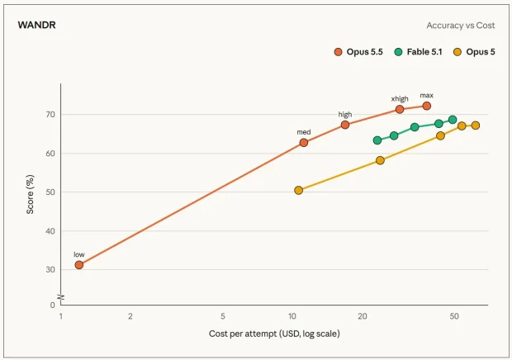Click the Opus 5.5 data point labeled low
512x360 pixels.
click(79, 265)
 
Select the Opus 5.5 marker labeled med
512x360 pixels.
click(304, 143)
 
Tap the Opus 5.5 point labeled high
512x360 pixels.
click(345, 125)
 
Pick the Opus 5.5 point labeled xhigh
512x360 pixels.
click(400, 109)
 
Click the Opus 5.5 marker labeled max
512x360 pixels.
click(426, 106)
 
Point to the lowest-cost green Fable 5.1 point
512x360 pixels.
click(377, 140)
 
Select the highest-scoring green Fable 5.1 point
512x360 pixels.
click(453, 120)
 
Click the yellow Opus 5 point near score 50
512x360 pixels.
click(298, 190)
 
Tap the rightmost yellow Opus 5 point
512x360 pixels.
click(476, 126)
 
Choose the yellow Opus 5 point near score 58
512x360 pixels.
click(380, 160)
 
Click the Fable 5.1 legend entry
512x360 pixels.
click(419, 52)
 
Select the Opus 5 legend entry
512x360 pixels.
click(475, 52)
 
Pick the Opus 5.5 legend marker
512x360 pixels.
click(339, 52)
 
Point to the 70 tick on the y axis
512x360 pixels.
click(50, 115)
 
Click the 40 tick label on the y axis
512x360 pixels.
click(50, 231)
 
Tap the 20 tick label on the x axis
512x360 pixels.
click(363, 316)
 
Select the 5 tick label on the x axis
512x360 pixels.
click(223, 316)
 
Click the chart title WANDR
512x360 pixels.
click(37, 25)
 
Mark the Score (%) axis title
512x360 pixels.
click(30, 195)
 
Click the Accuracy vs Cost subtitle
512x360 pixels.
click(461, 26)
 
